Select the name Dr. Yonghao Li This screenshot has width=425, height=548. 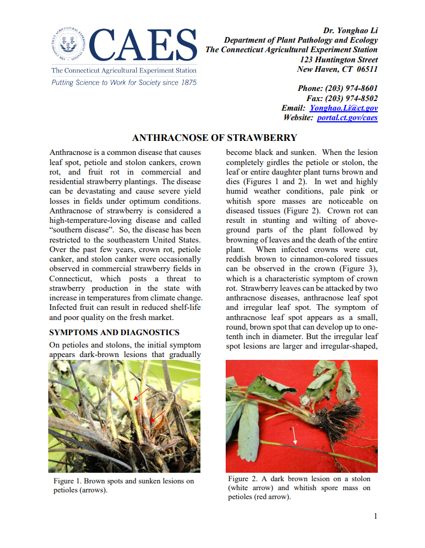point(350,30)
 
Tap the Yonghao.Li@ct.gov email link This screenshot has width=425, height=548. point(344,108)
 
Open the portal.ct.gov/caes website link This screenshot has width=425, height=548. point(347,117)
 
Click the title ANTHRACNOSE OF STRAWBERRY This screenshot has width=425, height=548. point(214,138)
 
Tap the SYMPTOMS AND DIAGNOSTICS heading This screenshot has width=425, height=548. point(115,332)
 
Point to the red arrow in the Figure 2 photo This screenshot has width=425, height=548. point(313,401)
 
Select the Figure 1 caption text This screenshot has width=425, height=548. point(124,485)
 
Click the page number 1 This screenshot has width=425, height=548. point(376,516)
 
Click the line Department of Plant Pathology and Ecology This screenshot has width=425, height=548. point(300,40)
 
